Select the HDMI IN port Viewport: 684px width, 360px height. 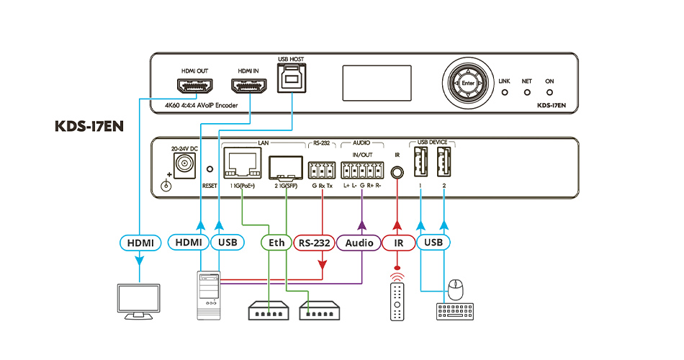click(248, 86)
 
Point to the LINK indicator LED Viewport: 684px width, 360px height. click(504, 93)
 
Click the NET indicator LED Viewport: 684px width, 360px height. click(526, 93)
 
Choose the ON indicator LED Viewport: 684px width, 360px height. click(549, 93)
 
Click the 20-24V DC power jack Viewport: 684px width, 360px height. click(184, 166)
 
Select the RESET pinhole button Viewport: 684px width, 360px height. click(210, 171)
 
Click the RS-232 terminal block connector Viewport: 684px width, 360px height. click(321, 171)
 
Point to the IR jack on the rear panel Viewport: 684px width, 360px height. click(396, 171)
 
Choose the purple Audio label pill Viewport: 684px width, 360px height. click(359, 243)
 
